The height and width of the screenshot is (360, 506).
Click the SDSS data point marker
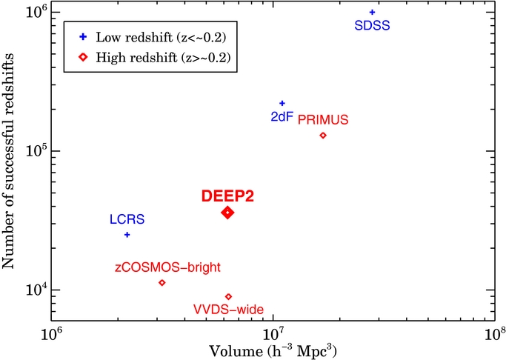point(372,12)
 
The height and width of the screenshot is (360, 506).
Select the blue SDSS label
point(373,26)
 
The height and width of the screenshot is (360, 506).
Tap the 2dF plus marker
point(282,104)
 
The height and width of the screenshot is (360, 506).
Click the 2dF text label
point(281,117)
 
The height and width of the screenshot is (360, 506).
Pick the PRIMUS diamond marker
point(323,136)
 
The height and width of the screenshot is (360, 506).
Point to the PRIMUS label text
point(323,119)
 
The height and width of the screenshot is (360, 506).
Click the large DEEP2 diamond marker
point(227,213)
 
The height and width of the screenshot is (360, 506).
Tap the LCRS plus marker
point(127,235)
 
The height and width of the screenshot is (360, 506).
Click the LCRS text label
point(127,219)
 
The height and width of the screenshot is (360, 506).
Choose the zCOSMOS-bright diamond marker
point(162,283)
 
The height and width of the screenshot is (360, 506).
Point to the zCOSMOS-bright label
point(167,267)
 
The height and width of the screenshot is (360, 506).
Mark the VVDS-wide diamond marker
point(228,297)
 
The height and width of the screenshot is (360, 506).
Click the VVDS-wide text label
point(228,310)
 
